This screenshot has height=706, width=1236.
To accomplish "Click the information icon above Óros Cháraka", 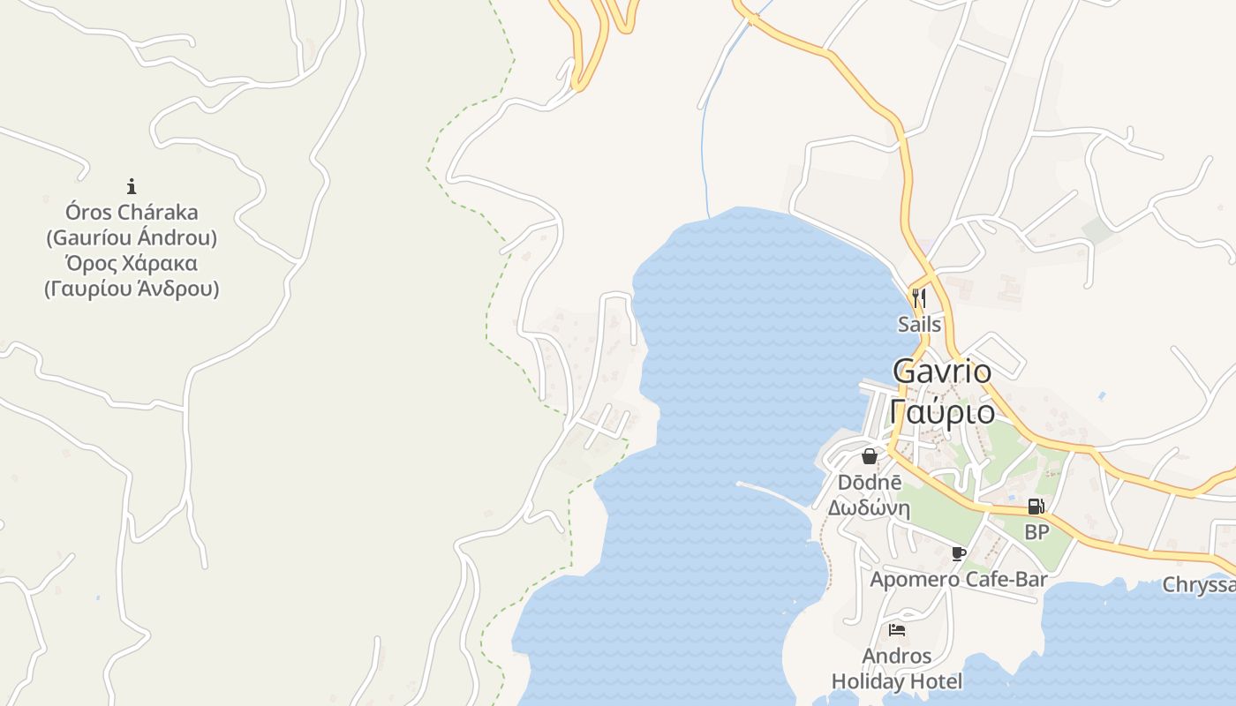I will coord(132,186).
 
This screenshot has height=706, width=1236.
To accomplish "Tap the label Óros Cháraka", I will coord(132,213).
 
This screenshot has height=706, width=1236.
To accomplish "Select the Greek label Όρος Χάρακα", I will coord(132,264).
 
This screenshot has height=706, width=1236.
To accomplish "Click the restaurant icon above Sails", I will coord(919,297).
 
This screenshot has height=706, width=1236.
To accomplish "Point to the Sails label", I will coord(919,324).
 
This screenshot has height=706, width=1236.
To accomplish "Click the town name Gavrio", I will coord(941,372).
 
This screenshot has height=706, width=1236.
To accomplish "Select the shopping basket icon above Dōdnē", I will coord(870,456).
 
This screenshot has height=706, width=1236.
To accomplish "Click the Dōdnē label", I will coord(870,483).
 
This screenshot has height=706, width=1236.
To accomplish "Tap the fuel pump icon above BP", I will coord(1036,507).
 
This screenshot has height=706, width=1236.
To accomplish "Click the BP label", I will coord(1036,532).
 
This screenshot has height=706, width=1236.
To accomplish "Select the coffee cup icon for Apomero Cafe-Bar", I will coord(959,553).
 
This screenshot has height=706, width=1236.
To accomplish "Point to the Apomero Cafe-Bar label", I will coord(959,579).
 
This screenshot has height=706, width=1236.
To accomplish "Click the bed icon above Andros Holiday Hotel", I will coord(897,630).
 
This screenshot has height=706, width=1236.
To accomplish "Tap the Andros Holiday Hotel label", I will coord(897,669).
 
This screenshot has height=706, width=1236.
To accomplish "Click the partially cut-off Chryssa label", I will coord(1198,585).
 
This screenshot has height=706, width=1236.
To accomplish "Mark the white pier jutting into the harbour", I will coord(772,493).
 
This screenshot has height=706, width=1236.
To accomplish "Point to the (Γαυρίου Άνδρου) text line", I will coord(132,289).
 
